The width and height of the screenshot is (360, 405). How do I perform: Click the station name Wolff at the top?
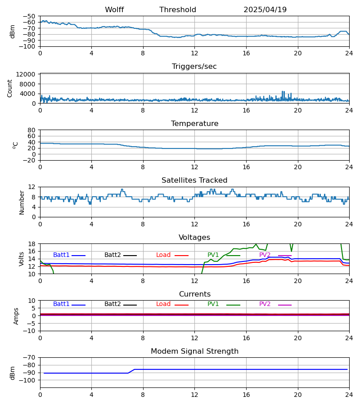tap(114, 10)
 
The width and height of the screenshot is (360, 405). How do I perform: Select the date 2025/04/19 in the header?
tap(265, 10)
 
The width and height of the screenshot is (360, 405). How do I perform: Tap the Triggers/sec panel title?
tap(194, 67)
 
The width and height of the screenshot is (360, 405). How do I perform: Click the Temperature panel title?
tap(194, 124)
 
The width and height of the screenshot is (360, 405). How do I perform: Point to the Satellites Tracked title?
tap(194, 180)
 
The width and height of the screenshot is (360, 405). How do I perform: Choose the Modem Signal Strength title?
tap(194, 351)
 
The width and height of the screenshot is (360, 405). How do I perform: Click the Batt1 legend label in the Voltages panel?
tap(61, 255)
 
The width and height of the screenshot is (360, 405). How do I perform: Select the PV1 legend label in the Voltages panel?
tap(213, 255)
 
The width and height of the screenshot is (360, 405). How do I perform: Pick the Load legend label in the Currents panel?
tap(163, 304)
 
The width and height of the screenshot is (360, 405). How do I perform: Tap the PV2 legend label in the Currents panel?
tap(265, 304)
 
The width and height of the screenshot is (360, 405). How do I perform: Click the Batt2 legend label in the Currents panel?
tap(112, 304)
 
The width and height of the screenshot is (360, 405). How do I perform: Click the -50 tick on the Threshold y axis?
tap(30, 16)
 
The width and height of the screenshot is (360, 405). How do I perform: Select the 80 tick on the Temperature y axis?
tap(32, 130)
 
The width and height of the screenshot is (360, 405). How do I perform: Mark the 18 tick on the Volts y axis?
tap(32, 244)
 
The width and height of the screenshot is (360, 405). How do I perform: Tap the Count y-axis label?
tap(10, 88)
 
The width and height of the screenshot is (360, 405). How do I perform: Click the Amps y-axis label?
tap(17, 316)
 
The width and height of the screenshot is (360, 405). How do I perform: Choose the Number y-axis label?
tap(22, 202)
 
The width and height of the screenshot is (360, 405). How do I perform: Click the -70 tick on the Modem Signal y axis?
tap(30, 357)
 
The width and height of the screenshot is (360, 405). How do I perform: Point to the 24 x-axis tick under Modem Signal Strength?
tap(349, 395)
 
